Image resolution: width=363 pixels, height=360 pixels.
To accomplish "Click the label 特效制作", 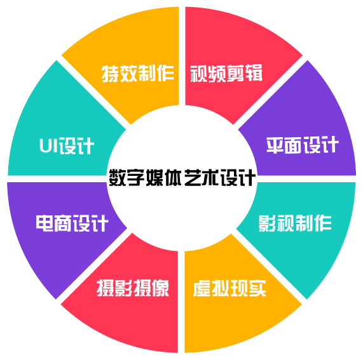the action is pyautogui.click(x=138, y=74).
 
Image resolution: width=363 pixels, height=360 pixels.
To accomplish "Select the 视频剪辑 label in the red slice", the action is pyautogui.click(x=226, y=73).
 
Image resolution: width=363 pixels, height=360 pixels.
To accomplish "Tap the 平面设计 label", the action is pyautogui.click(x=303, y=145).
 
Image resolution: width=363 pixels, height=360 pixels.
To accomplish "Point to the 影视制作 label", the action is pyautogui.click(x=295, y=223).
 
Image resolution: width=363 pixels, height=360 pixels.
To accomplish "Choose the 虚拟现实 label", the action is pyautogui.click(x=229, y=288).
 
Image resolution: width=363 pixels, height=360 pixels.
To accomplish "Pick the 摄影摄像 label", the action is pyautogui.click(x=133, y=288).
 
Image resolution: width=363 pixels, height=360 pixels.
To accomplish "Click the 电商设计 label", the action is pyautogui.click(x=72, y=223).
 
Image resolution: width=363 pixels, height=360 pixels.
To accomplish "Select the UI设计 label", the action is pyautogui.click(x=67, y=145).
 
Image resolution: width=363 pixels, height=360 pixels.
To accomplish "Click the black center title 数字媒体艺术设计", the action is pyautogui.click(x=182, y=177).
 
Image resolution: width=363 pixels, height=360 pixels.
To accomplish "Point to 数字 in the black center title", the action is pyautogui.click(x=127, y=177).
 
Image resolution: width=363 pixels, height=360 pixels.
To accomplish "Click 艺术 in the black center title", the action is pyautogui.click(x=201, y=177).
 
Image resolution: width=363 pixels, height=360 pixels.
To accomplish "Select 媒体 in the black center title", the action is pyautogui.click(x=163, y=177).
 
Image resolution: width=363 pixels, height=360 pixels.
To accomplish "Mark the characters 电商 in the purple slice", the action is pyautogui.click(x=53, y=223).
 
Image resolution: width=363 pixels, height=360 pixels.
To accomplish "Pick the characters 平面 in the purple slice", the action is pyautogui.click(x=284, y=145).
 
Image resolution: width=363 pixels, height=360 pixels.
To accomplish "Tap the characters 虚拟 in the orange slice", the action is pyautogui.click(x=211, y=288).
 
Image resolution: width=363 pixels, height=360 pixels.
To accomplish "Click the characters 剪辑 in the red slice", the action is pyautogui.click(x=245, y=73).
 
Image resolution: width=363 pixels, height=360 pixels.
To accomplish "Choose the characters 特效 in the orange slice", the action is pyautogui.click(x=120, y=74).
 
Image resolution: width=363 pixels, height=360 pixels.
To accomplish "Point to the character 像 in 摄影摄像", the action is pyautogui.click(x=160, y=288).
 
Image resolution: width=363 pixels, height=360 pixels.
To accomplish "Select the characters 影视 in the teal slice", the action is pyautogui.click(x=277, y=223).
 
